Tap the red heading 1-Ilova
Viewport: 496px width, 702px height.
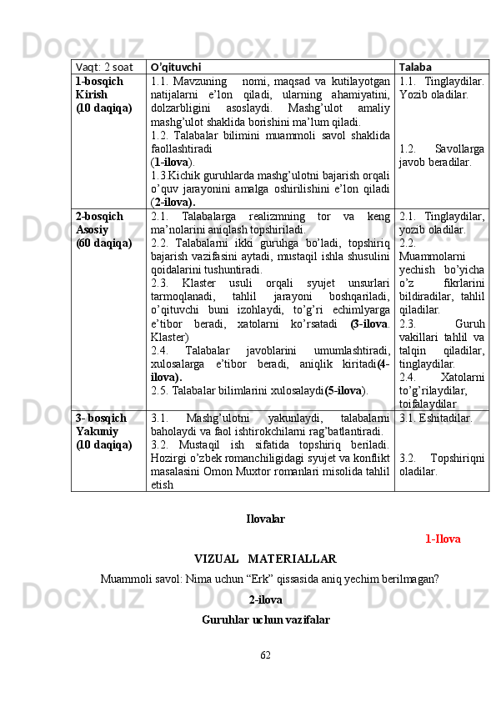coord(442,539)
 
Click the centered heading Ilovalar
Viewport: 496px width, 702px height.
coord(265,519)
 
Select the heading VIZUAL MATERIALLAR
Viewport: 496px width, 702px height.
coord(265,558)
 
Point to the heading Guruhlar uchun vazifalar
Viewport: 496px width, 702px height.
coord(265,619)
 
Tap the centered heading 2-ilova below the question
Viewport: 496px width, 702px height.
coord(265,599)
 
